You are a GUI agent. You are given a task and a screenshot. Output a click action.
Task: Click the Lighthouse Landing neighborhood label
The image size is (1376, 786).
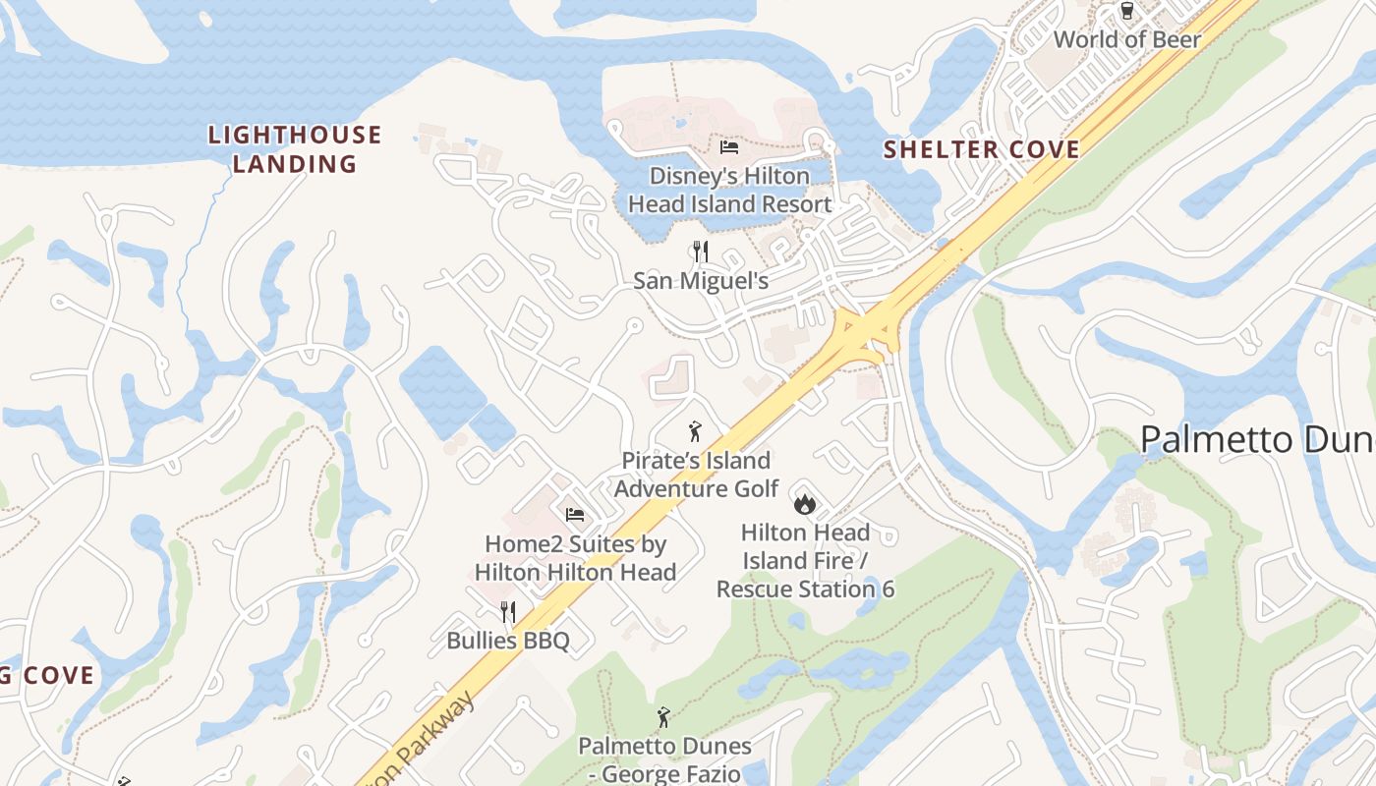(294, 149)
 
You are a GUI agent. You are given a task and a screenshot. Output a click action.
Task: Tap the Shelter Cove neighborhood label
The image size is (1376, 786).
(981, 149)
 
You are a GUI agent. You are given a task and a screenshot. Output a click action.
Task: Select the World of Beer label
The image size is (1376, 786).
(1126, 39)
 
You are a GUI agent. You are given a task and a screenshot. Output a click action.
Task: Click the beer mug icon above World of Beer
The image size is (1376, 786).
(1126, 11)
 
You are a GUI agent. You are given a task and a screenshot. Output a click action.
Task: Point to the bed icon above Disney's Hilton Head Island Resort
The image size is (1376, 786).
(729, 147)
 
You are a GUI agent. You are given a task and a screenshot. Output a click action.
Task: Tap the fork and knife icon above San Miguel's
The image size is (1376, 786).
(700, 252)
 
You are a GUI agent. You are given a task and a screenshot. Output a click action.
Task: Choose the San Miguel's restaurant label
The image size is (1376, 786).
(700, 281)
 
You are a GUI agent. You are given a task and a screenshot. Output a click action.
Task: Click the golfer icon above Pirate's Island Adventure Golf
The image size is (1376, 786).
(696, 431)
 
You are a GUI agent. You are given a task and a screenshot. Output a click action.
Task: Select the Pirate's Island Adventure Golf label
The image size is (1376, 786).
(696, 475)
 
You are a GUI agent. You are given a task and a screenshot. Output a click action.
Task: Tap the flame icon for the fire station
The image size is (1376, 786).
(804, 504)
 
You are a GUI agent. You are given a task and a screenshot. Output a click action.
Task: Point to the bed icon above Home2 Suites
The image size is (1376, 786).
(575, 514)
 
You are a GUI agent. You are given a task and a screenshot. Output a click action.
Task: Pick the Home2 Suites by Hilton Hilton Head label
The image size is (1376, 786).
(575, 558)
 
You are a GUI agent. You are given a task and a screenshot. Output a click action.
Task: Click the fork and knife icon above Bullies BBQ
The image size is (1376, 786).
(507, 612)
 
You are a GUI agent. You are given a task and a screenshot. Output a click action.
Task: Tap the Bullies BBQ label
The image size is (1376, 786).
(507, 642)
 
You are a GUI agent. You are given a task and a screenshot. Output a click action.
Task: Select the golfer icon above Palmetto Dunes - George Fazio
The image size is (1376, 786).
(663, 717)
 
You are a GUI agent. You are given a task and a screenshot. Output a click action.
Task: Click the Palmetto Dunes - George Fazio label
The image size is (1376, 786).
(664, 759)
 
